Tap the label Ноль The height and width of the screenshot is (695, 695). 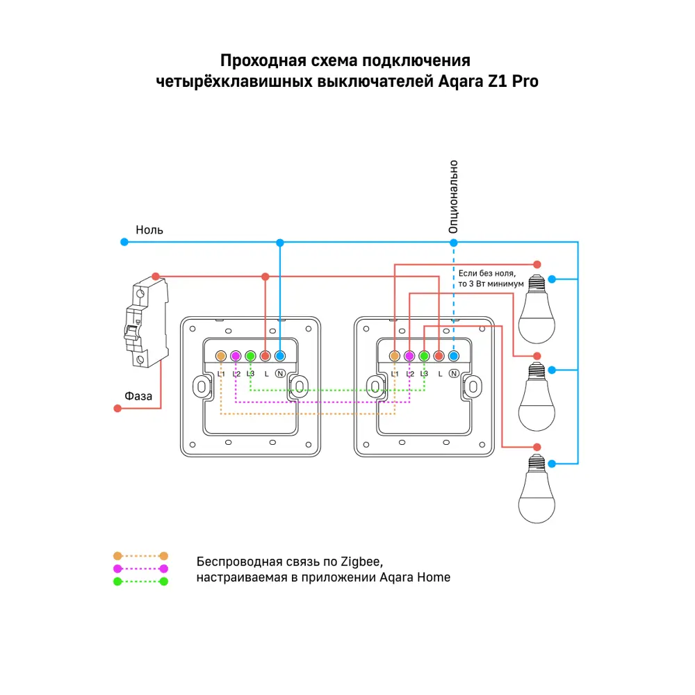coord(149,229)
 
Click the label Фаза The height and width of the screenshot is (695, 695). coord(138,395)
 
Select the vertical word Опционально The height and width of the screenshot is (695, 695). coord(453,197)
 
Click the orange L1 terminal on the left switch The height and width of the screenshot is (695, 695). coord(220,356)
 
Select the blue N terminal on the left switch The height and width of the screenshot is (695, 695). coord(279,356)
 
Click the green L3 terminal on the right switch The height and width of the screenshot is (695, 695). coord(424,356)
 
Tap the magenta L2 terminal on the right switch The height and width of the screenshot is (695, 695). coord(409,356)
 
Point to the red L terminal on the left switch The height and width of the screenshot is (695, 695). coord(265,356)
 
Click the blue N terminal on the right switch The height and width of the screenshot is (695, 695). coord(453,356)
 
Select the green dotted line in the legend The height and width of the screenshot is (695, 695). coord(140,581)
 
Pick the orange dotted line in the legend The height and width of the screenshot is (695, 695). coord(140,556)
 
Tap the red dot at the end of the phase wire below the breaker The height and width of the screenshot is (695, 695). coord(117,409)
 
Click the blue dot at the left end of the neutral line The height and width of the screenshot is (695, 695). coord(124,242)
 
